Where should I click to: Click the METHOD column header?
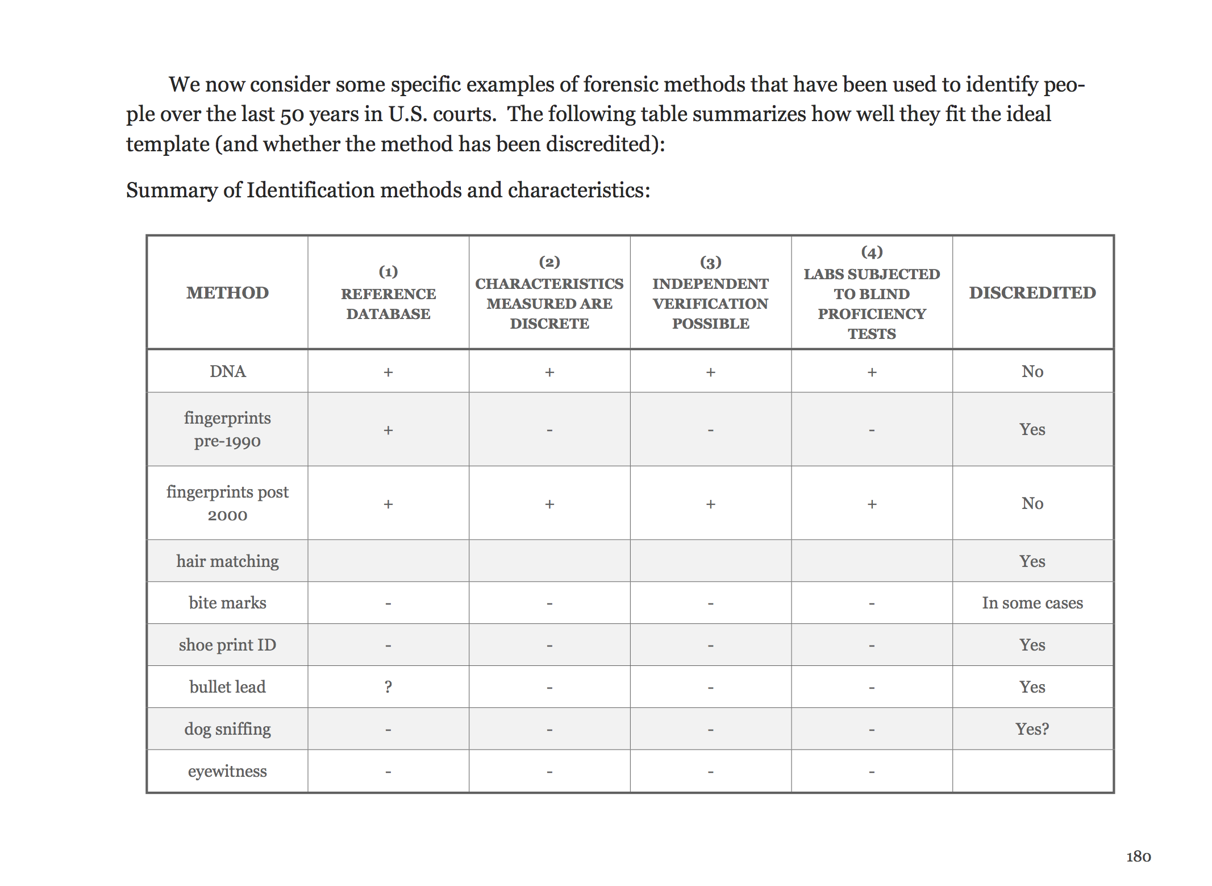coord(227,292)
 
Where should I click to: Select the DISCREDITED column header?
coord(1032,292)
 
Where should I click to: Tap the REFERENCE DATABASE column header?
coord(388,303)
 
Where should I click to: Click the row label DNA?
coord(227,371)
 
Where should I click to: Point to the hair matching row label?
coord(227,561)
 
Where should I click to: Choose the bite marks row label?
coord(227,603)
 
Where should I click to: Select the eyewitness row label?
coord(227,771)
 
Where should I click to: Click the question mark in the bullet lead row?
coord(388,687)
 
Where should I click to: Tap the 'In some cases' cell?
coord(1032,603)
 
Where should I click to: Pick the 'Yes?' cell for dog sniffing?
coord(1032,729)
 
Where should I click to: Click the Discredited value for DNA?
coord(1032,371)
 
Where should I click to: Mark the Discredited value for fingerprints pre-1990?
coord(1032,429)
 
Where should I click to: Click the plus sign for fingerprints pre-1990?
coord(388,430)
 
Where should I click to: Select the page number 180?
coord(1138,856)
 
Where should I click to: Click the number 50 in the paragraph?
coord(292,115)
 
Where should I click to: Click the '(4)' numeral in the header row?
coord(872,251)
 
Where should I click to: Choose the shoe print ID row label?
coord(227,645)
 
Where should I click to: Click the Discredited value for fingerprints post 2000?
coord(1032,503)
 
